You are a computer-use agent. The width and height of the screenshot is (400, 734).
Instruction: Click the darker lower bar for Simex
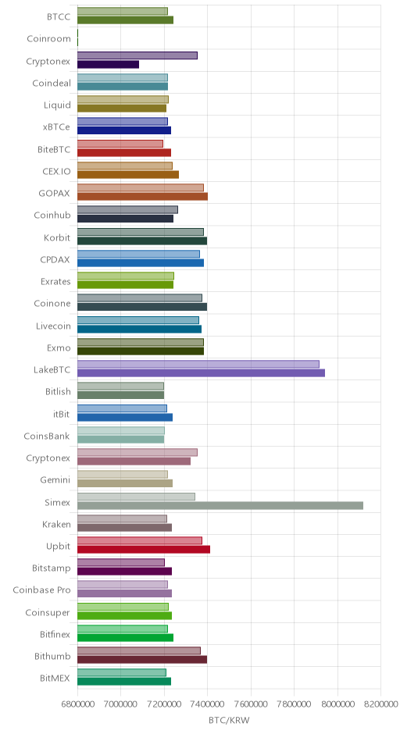(x=220, y=505)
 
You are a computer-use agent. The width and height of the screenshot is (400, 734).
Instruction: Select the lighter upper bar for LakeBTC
(x=198, y=364)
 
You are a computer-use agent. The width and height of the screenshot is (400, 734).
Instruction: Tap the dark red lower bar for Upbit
(x=144, y=550)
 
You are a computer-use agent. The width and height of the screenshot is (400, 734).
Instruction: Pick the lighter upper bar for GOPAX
(x=141, y=187)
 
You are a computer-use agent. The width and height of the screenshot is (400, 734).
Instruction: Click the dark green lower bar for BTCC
(x=125, y=20)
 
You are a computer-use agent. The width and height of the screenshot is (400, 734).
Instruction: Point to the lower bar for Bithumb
(x=142, y=660)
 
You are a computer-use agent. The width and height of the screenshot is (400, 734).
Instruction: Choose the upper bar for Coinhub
(x=127, y=210)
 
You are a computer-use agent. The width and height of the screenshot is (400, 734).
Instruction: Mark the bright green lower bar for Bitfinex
(x=125, y=638)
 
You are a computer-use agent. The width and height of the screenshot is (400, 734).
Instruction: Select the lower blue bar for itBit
(x=124, y=418)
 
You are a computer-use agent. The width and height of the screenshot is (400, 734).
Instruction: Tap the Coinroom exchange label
(x=48, y=39)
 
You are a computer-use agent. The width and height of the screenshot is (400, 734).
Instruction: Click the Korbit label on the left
(x=57, y=237)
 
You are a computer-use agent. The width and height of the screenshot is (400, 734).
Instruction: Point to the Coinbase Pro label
(x=41, y=590)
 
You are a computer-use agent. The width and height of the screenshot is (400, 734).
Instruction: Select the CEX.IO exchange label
(x=57, y=171)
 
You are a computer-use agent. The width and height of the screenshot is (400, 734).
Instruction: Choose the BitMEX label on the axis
(x=55, y=679)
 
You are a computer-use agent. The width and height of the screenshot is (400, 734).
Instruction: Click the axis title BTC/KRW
(x=229, y=720)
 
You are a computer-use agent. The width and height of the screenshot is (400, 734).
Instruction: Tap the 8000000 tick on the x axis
(x=337, y=704)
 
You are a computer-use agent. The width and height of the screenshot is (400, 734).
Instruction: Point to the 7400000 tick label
(x=208, y=704)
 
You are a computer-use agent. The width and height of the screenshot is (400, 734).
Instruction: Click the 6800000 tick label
(x=77, y=704)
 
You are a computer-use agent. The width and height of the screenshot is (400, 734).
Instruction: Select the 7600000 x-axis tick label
(x=251, y=704)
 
